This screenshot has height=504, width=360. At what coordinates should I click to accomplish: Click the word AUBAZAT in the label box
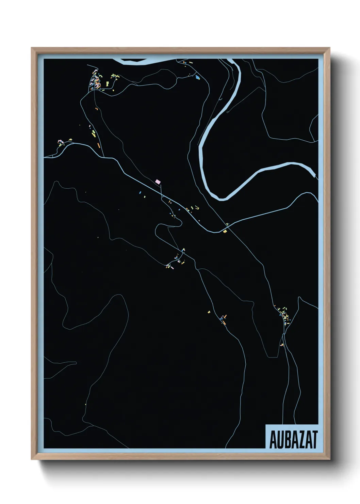click(293, 440)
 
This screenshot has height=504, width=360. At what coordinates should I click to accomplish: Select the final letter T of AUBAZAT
click(314, 440)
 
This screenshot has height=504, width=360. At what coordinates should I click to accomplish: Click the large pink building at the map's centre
click(158, 182)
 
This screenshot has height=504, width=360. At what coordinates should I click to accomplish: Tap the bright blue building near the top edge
click(198, 77)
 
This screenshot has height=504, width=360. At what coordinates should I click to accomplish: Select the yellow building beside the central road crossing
click(225, 231)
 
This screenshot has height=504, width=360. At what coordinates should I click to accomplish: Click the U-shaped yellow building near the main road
click(196, 207)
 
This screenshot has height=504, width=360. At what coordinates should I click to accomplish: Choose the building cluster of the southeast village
click(284, 316)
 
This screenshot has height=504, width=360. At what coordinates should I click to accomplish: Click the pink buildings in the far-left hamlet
click(61, 141)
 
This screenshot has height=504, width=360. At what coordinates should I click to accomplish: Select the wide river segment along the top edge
click(136, 62)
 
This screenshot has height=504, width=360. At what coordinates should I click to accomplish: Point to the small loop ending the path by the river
click(227, 111)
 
